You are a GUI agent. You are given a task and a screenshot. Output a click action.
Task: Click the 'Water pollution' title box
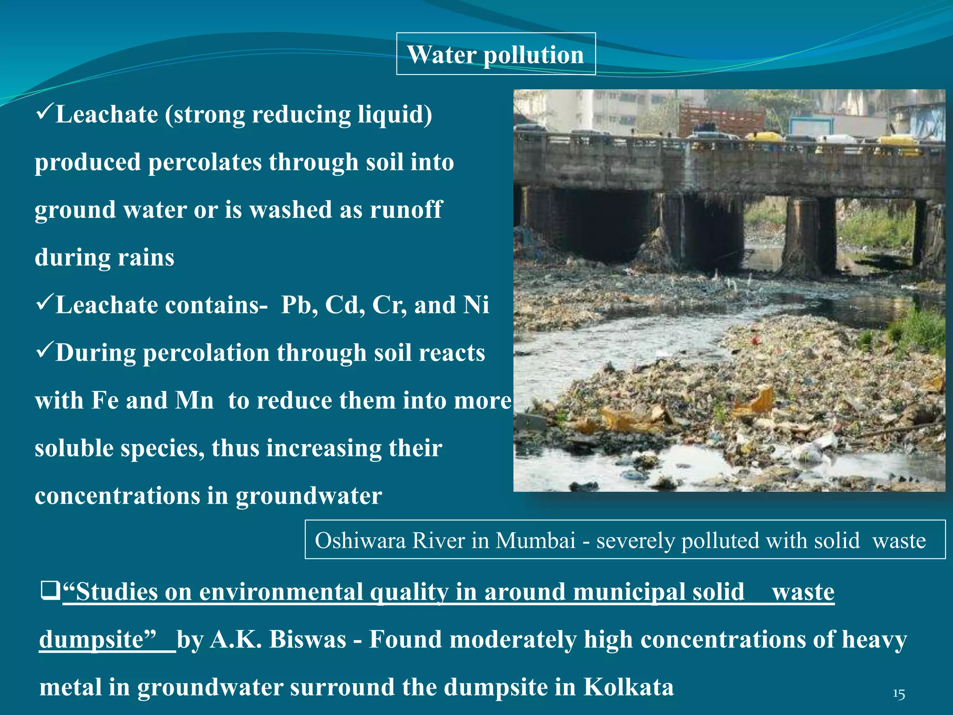(x=496, y=54)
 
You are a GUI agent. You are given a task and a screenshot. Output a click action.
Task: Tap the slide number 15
(x=899, y=695)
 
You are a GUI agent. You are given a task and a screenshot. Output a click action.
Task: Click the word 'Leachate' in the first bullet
(x=107, y=115)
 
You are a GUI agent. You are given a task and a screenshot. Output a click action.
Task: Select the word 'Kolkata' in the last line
(x=628, y=687)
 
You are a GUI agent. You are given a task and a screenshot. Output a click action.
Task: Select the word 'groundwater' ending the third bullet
(x=309, y=496)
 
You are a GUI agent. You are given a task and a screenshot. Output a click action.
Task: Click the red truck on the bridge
(x=721, y=122)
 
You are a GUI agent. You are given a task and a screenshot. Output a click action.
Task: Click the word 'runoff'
(x=406, y=210)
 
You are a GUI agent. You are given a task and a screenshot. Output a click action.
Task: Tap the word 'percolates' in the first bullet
(x=205, y=162)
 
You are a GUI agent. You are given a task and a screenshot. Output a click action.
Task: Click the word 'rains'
(x=146, y=257)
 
